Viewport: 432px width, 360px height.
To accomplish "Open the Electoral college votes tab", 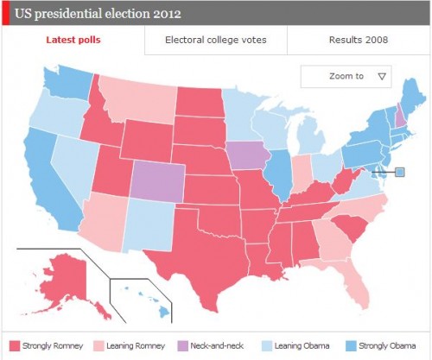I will [x=215, y=41].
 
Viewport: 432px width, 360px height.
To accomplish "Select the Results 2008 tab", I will [x=358, y=41].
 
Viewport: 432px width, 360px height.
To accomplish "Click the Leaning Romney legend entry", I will [x=132, y=345].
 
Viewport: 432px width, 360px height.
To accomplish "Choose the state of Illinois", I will [x=278, y=168].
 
